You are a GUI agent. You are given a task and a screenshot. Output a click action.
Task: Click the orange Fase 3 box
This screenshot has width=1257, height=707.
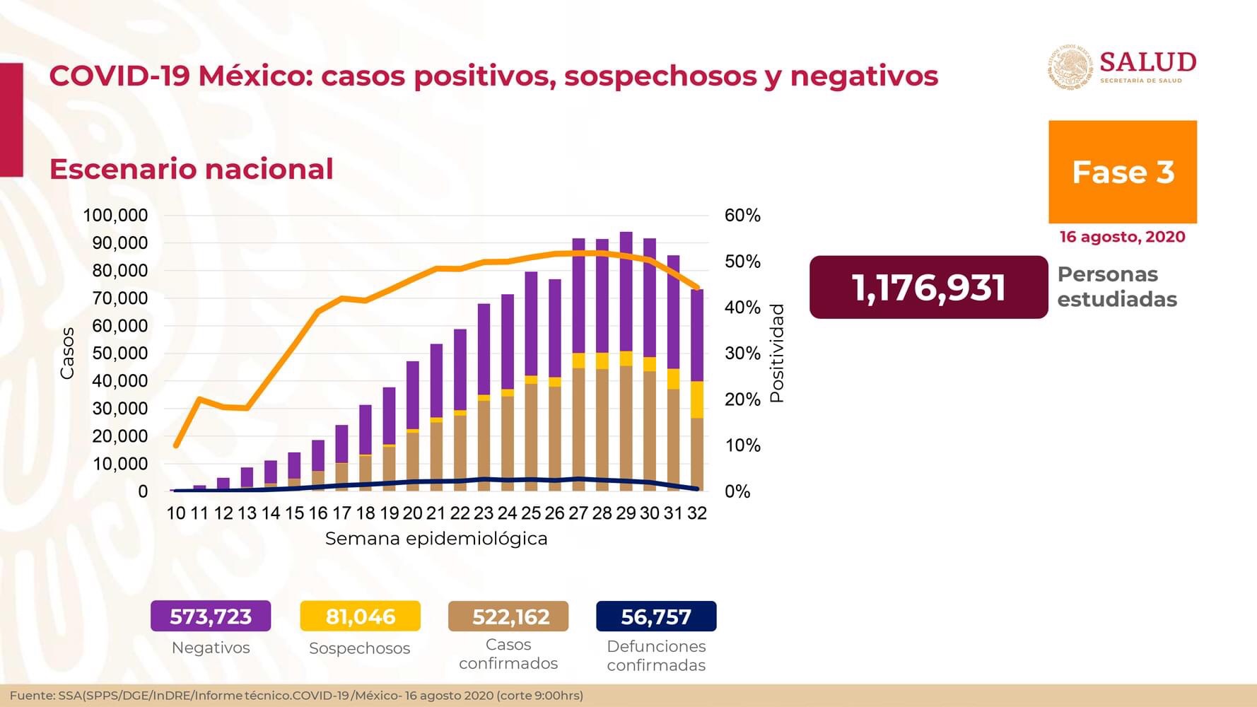(1122, 172)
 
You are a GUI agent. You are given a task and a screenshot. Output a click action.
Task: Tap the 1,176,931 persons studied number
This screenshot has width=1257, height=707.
(928, 287)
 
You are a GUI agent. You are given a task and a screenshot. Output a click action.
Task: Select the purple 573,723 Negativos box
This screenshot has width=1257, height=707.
(211, 616)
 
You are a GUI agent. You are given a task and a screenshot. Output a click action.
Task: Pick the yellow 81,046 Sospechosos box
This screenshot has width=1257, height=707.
(360, 616)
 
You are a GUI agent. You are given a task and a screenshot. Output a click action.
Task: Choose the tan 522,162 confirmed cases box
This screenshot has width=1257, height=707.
(508, 616)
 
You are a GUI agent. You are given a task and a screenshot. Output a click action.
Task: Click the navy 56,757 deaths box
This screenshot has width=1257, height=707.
(656, 616)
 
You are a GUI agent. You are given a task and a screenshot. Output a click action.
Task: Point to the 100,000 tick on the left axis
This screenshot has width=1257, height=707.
(116, 215)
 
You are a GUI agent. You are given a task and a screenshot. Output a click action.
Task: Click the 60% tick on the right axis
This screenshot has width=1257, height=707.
(742, 215)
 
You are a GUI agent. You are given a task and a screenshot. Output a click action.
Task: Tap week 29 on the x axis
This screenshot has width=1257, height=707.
(626, 513)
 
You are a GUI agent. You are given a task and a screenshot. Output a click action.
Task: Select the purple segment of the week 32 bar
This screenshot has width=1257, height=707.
(697, 336)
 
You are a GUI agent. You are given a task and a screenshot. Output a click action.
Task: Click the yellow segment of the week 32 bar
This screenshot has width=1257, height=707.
(697, 399)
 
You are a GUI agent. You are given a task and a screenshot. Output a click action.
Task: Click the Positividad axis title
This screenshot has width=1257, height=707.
(777, 353)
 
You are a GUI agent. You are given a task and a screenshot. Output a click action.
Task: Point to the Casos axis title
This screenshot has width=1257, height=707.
(67, 353)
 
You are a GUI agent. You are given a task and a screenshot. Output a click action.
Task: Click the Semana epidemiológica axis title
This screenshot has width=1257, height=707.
(436, 539)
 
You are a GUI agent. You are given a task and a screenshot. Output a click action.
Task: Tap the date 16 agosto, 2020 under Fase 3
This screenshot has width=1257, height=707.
(1122, 237)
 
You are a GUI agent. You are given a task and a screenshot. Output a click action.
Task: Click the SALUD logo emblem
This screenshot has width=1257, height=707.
(1070, 67)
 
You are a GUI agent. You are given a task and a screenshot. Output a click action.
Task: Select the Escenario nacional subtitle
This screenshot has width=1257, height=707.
(191, 169)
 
